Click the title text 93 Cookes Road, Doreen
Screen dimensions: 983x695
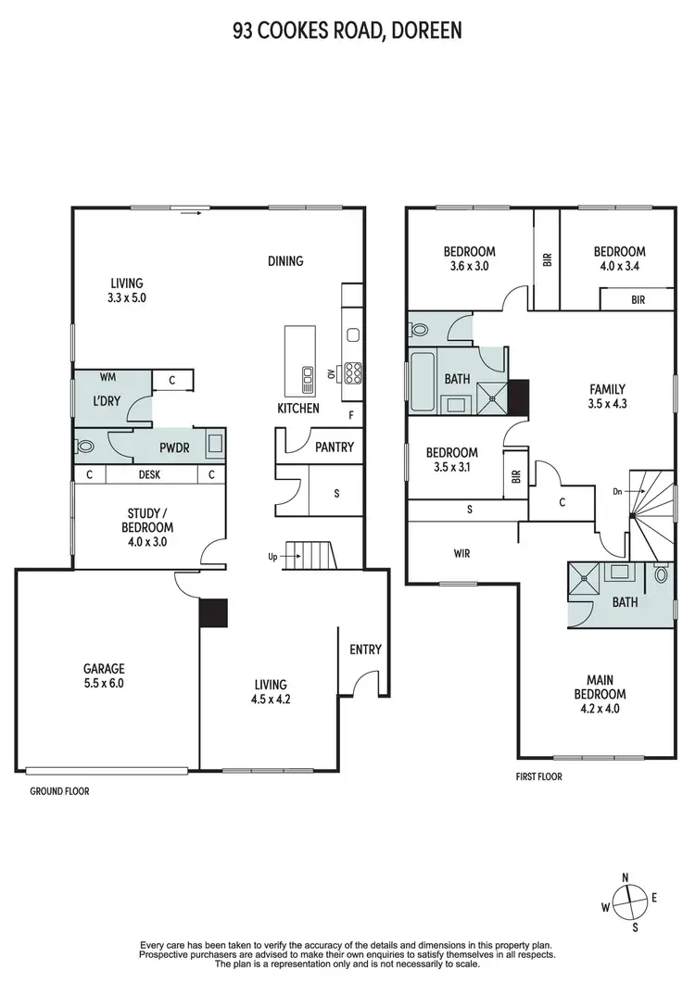(x=347, y=32)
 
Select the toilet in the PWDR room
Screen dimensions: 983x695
(x=86, y=446)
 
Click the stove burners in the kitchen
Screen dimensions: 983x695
(x=352, y=372)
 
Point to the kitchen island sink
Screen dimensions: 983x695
(x=307, y=374)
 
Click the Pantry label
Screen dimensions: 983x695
(x=334, y=447)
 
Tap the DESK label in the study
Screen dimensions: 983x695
(x=150, y=474)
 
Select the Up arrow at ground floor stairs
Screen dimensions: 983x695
(x=284, y=557)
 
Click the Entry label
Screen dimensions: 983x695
(x=365, y=649)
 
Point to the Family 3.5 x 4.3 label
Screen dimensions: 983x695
(x=607, y=397)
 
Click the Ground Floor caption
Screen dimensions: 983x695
(x=59, y=791)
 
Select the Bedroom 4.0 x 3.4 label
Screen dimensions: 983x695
(x=619, y=258)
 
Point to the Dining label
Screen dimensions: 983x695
(x=285, y=261)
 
